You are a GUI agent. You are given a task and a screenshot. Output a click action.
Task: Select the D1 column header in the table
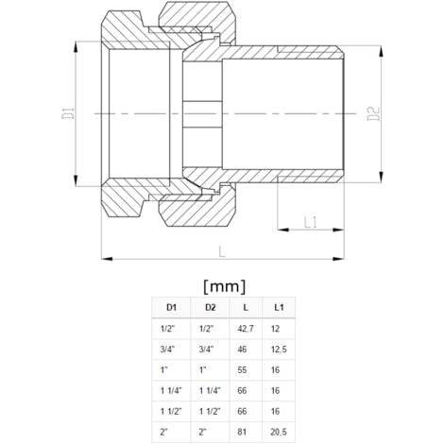(x=171, y=307)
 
